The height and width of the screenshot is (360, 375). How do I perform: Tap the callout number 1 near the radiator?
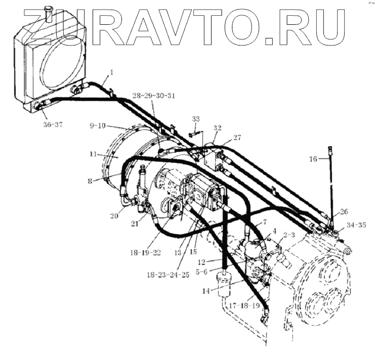tap(111, 72)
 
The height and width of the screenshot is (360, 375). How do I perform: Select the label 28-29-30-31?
tap(154, 96)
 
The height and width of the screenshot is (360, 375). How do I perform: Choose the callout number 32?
tap(217, 128)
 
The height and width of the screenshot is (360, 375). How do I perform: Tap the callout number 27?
tap(237, 137)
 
